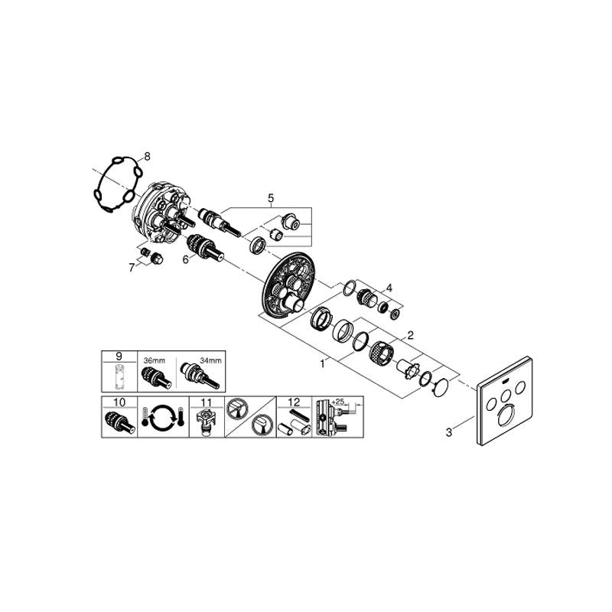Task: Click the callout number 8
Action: (x=147, y=157)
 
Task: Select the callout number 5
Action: (x=271, y=198)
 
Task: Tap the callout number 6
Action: (x=186, y=259)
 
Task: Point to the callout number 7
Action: (x=132, y=268)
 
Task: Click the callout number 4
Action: (x=389, y=288)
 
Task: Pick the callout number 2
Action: (x=410, y=335)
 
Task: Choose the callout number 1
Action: (x=322, y=364)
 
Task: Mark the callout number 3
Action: (x=449, y=432)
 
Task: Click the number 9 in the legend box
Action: (x=119, y=356)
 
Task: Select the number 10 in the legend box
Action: (x=119, y=402)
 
